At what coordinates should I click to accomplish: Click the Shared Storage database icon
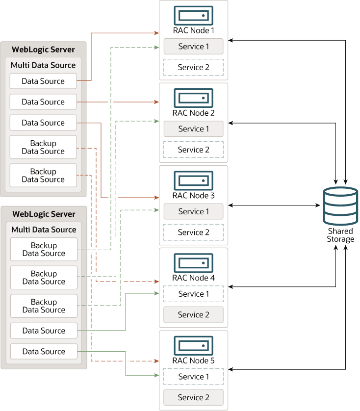[x=340, y=205]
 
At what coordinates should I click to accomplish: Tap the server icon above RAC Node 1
[x=193, y=15]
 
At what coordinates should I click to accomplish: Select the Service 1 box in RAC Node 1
[x=193, y=47]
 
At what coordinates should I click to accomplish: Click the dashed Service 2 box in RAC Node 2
[x=193, y=150]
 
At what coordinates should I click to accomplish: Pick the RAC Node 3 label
[x=193, y=195]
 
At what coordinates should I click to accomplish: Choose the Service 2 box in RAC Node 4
[x=193, y=314]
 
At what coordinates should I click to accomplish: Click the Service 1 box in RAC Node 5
[x=193, y=377]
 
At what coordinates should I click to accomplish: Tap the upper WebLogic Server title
[x=44, y=50]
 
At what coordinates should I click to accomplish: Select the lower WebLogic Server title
[x=44, y=214]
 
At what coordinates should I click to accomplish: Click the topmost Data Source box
[x=43, y=81]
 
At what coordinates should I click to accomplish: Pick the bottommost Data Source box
[x=44, y=351]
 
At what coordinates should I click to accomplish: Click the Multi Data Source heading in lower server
[x=44, y=230]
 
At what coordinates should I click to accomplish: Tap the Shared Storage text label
[x=340, y=235]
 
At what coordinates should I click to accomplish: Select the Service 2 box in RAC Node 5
[x=193, y=397]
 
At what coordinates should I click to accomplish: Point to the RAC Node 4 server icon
[x=193, y=263]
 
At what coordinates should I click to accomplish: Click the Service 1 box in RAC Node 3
[x=193, y=211]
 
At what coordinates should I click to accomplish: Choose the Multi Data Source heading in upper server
[x=43, y=65]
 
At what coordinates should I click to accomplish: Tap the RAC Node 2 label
[x=193, y=113]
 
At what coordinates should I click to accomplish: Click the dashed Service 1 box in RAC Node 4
[x=193, y=294]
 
